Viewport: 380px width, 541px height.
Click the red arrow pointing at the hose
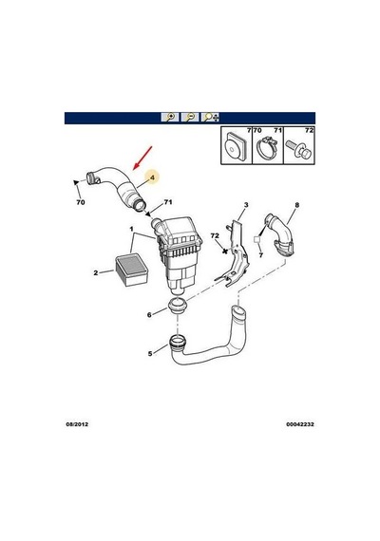click(x=142, y=158)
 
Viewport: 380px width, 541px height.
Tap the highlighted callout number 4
click(x=152, y=177)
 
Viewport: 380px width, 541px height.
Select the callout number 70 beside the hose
click(x=81, y=202)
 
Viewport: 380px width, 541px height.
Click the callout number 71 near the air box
click(x=168, y=202)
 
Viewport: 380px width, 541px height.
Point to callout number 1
click(x=132, y=229)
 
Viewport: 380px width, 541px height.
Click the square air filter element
click(x=131, y=270)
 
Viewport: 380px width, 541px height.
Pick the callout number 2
click(x=96, y=273)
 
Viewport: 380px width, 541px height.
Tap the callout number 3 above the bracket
click(x=246, y=205)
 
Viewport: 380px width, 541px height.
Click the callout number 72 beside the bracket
click(x=215, y=235)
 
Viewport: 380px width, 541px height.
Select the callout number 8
click(x=296, y=205)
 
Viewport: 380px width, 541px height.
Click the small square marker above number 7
click(x=257, y=239)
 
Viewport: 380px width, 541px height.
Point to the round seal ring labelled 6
click(x=178, y=306)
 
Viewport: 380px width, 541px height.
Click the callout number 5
click(x=150, y=354)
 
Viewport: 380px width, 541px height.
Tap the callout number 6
click(x=149, y=315)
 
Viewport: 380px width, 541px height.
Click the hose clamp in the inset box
click(x=268, y=148)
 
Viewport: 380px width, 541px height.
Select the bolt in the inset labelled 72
click(x=299, y=150)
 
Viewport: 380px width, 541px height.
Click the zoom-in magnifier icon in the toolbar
click(x=170, y=118)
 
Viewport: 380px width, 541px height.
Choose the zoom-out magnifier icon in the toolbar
click(x=190, y=118)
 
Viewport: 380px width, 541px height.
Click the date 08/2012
click(x=77, y=424)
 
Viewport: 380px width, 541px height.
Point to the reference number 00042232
click(x=300, y=424)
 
